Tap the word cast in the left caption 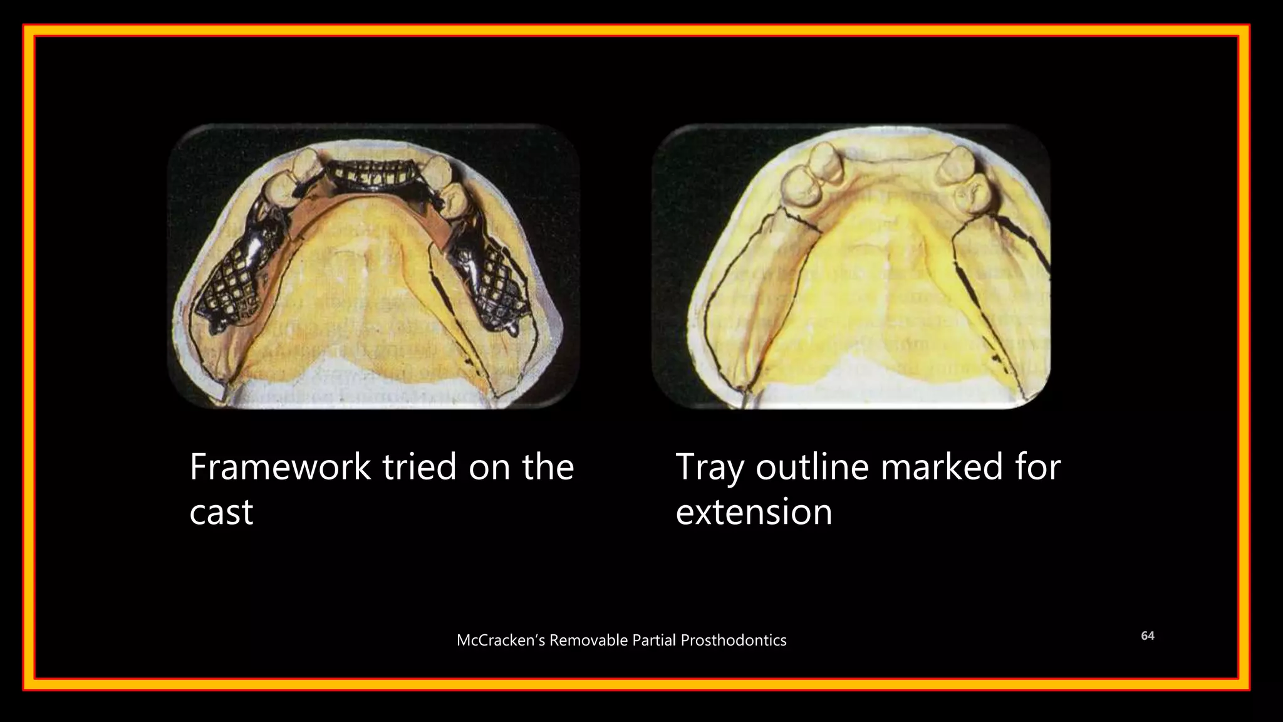coord(221,512)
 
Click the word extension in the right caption coord(754,512)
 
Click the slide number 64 coord(1147,636)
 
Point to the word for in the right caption coord(1037,467)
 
